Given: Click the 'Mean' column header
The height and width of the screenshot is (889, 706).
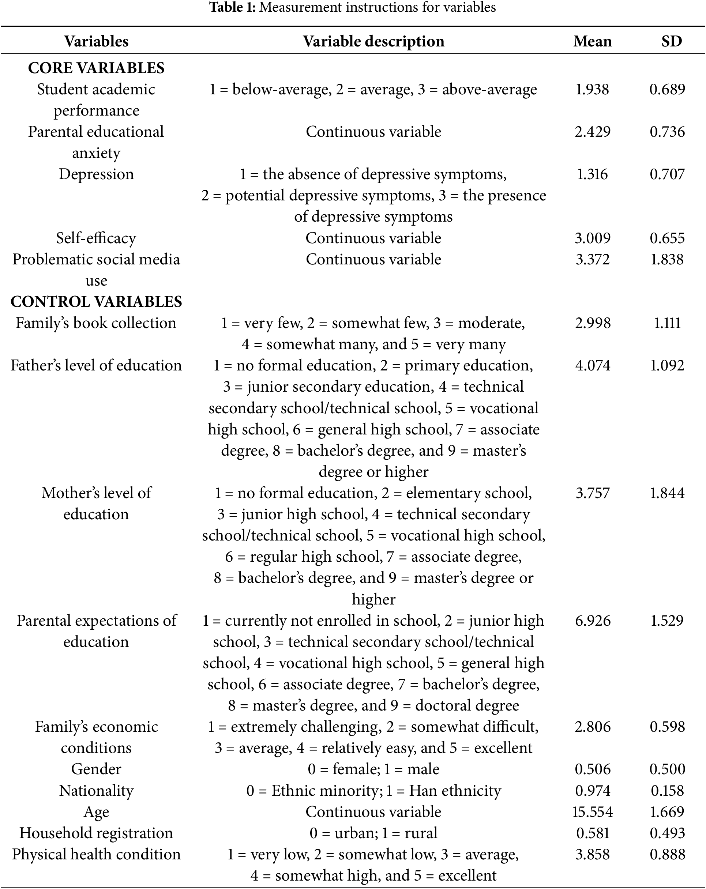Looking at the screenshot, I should [x=592, y=41].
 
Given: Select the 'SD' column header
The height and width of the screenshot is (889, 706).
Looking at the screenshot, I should [x=671, y=41].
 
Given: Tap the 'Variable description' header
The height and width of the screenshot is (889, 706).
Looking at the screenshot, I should [x=373, y=41].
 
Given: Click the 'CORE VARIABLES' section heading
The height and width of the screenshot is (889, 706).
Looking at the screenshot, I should [x=96, y=68].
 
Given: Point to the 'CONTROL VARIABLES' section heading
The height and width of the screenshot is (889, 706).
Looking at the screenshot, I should [x=96, y=301].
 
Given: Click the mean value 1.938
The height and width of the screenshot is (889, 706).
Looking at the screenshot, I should [x=592, y=90].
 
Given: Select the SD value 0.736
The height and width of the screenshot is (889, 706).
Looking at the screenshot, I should [x=667, y=132].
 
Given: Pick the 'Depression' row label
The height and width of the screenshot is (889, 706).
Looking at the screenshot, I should [x=96, y=174].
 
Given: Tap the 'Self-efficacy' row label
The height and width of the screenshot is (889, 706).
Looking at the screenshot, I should [x=96, y=238].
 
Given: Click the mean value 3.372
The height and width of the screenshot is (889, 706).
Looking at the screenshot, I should [x=592, y=259].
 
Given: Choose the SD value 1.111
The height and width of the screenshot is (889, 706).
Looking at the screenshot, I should [x=667, y=323].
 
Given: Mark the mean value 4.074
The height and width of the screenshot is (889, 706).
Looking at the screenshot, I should [x=593, y=365].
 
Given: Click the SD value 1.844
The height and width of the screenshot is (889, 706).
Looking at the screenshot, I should [x=667, y=493].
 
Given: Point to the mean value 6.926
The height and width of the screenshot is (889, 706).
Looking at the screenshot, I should [x=593, y=621].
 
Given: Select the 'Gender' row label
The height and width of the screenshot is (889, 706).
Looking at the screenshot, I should [x=96, y=769].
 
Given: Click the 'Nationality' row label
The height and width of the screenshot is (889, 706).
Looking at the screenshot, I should [x=96, y=791].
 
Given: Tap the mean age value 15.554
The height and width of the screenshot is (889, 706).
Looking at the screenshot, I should [x=592, y=811].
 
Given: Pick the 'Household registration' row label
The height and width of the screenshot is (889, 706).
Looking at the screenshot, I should [x=96, y=833].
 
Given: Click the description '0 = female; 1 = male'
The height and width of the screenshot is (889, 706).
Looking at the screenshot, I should [x=373, y=769].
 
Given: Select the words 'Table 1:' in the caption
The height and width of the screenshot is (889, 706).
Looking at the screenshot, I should [x=233, y=7].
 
